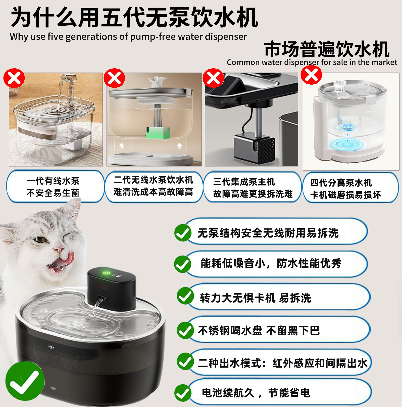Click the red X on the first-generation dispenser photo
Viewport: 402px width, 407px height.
point(14,78)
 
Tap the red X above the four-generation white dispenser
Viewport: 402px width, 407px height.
point(311,75)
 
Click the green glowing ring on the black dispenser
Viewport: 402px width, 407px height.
point(107,273)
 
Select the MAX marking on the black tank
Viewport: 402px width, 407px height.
point(51,347)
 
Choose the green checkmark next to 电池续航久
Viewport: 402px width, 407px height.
point(183,393)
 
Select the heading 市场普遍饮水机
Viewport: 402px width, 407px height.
point(327,49)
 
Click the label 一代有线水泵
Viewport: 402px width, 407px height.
point(53,181)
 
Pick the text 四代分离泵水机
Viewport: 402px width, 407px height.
point(341,183)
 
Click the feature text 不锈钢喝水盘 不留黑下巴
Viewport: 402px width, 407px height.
point(259,330)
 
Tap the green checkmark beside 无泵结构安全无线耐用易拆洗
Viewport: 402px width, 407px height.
point(183,233)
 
